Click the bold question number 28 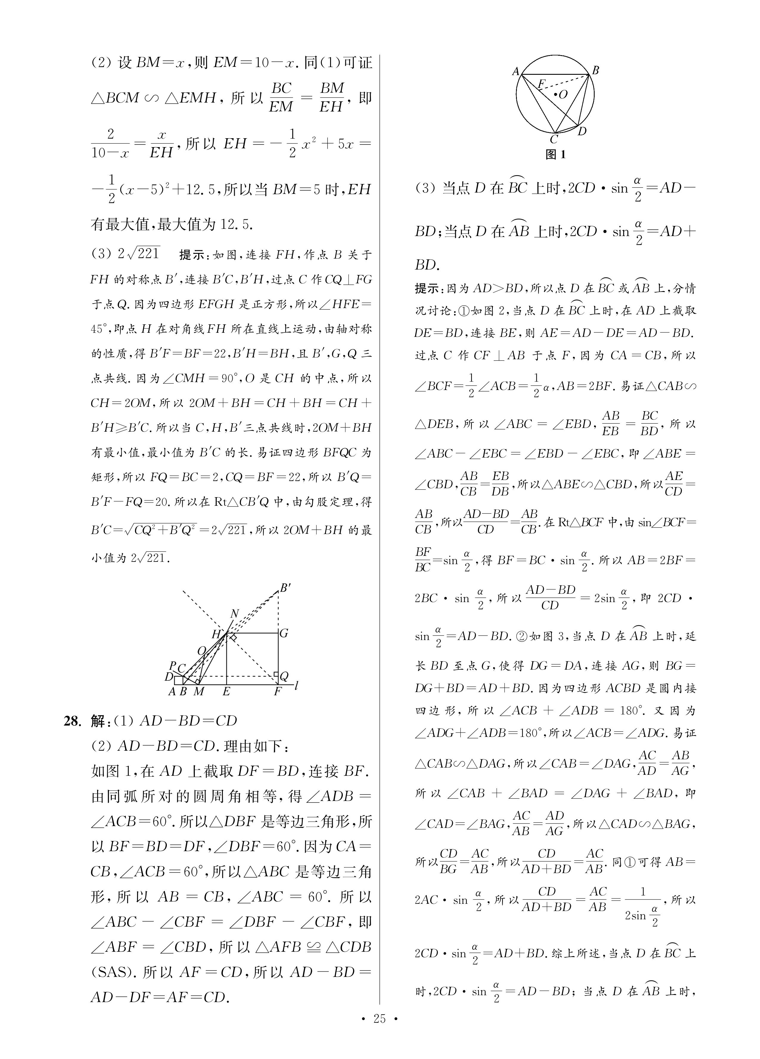73,721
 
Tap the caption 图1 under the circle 555,155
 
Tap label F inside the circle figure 541,84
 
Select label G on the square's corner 284,634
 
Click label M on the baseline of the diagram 199,691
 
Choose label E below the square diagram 226,691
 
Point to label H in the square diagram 216,634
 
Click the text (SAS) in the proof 110,972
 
